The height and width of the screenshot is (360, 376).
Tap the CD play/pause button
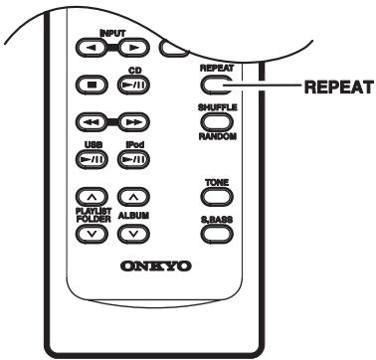[133, 87]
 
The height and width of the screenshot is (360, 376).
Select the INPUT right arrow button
[133, 49]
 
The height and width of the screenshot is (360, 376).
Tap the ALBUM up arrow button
[133, 197]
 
